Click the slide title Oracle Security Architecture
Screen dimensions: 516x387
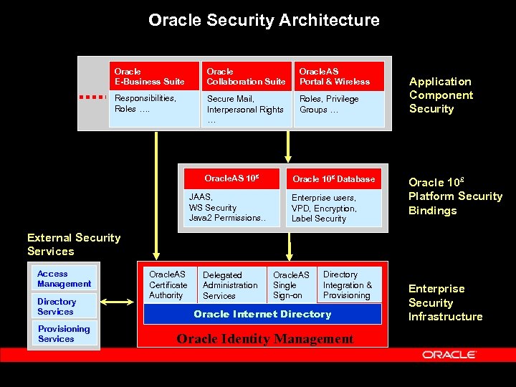click(264, 20)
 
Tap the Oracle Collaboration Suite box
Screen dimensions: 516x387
click(246, 77)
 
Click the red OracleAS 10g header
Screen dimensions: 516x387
click(231, 178)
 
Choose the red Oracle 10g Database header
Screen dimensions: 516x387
click(334, 179)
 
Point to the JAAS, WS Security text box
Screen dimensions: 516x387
click(231, 208)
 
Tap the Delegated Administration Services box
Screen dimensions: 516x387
click(230, 285)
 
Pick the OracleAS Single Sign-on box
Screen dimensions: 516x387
click(292, 285)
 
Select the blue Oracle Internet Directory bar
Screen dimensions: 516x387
click(262, 315)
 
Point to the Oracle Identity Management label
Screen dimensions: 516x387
click(265, 339)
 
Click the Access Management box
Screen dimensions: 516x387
click(64, 279)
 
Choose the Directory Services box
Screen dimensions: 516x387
click(64, 307)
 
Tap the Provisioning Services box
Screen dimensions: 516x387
click(64, 334)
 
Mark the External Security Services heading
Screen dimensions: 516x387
click(74, 244)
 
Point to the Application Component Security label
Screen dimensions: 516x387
click(441, 95)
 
